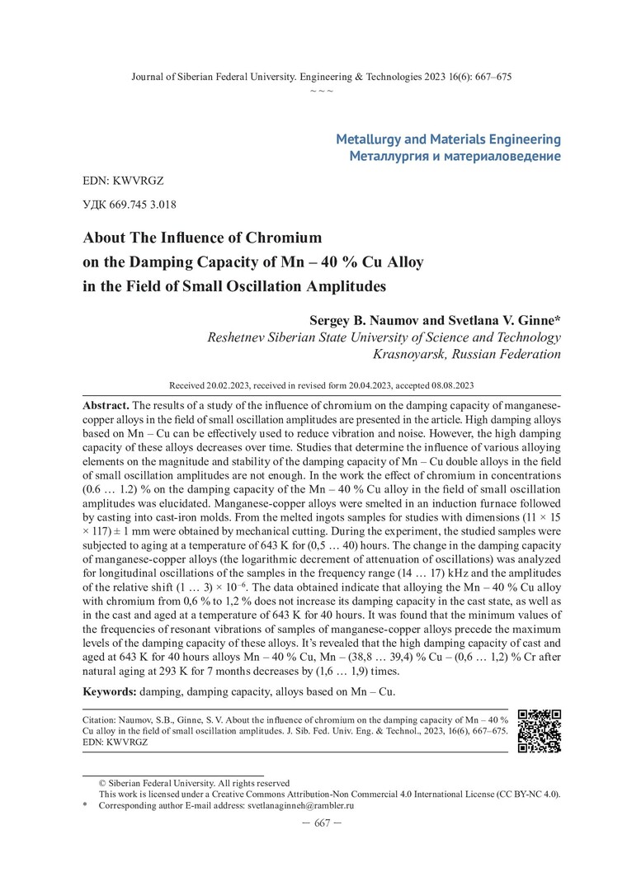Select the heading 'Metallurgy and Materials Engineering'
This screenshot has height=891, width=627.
pos(448,139)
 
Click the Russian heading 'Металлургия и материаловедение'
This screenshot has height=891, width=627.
pos(455,155)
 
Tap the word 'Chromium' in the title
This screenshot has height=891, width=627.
pos(279,238)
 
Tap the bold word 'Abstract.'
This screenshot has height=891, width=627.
pos(106,407)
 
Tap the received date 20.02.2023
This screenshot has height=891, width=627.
pos(228,385)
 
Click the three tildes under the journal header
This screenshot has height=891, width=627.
pos(322,89)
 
